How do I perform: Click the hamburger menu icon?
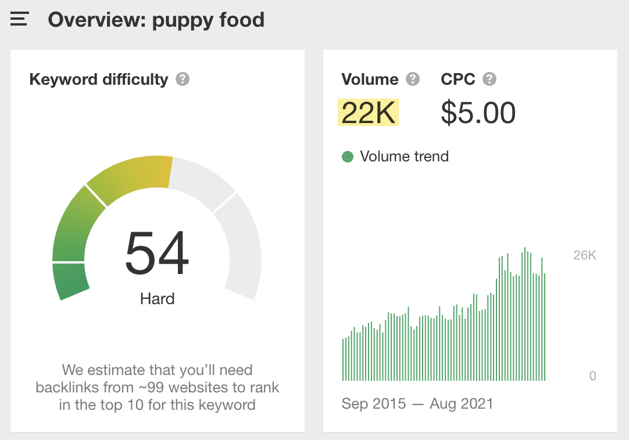19,19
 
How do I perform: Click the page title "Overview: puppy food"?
156,20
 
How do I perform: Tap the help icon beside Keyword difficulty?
183,79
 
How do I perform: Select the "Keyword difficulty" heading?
98,79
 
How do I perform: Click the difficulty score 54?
158,254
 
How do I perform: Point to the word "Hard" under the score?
158,299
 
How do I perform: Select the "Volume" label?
370,79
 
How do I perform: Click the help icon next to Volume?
413,79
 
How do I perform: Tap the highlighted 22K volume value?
368,113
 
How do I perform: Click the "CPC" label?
458,79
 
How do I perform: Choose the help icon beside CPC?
489,79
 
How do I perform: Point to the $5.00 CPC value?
478,113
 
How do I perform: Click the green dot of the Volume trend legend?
348,157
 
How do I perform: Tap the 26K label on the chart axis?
584,255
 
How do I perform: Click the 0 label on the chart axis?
592,376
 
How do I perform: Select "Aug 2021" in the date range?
461,404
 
